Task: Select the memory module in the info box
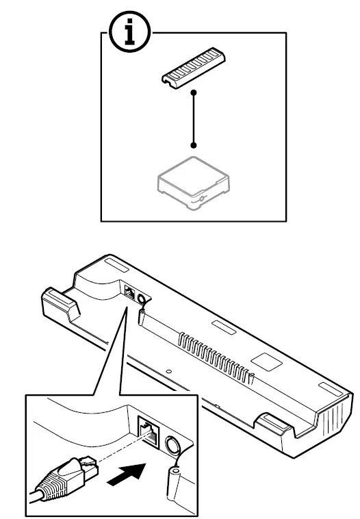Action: pyautogui.click(x=194, y=71)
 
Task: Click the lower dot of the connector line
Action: pyautogui.click(x=194, y=145)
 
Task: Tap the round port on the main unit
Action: pyautogui.click(x=142, y=299)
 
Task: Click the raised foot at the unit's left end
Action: pyautogui.click(x=58, y=302)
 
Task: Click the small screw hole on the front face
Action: pyautogui.click(x=168, y=372)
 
